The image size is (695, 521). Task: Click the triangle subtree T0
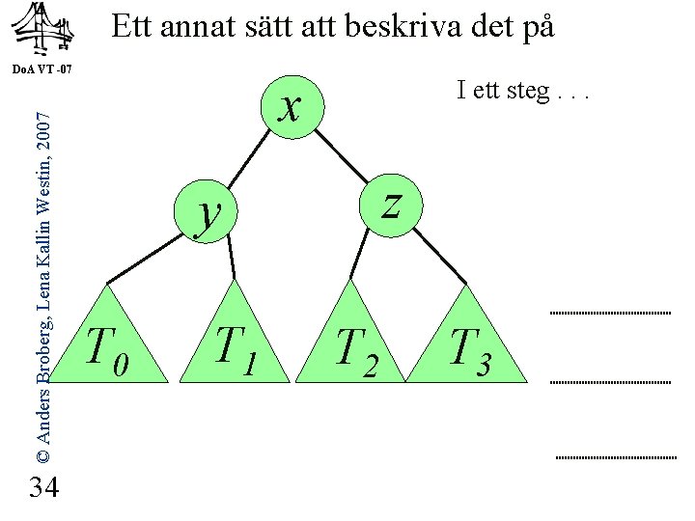pos(107,343)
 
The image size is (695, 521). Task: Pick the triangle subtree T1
pos(235,343)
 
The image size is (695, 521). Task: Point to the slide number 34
pos(44,488)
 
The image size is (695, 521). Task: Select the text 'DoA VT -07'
pos(43,70)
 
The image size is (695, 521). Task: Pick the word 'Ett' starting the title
pos(133,27)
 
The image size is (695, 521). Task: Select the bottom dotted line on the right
pos(616,455)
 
